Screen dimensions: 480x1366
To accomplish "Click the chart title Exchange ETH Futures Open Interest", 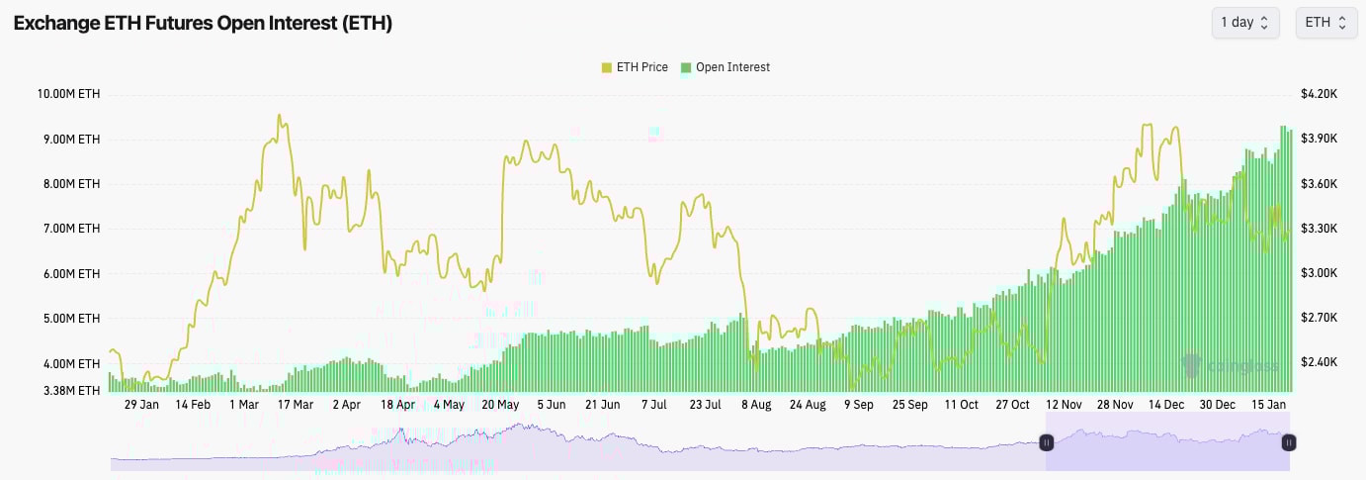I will [x=203, y=23].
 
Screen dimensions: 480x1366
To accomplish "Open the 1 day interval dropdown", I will [x=1244, y=23].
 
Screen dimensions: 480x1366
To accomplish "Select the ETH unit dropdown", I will [x=1325, y=23].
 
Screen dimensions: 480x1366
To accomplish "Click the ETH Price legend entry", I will [x=635, y=67].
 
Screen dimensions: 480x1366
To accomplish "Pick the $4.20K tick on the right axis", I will [x=1319, y=94].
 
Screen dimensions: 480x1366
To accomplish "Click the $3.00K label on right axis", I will [x=1319, y=273].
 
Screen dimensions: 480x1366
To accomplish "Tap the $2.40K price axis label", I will [x=1319, y=362].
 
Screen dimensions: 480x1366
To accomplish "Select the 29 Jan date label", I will [x=141, y=405].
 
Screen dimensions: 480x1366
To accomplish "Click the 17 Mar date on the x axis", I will [x=295, y=405].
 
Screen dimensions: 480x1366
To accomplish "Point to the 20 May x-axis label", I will [x=500, y=405].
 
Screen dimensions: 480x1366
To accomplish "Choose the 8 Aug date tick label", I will [x=756, y=405].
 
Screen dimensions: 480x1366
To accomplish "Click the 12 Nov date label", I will [x=1064, y=405].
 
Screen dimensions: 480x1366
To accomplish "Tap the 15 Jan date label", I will [x=1269, y=405].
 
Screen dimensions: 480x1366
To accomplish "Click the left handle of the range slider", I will [x=1047, y=443].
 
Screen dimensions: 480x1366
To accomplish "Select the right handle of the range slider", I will [x=1289, y=443].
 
